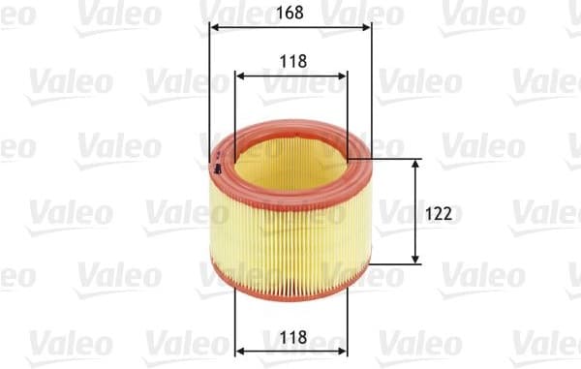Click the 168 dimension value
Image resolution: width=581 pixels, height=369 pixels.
[x=291, y=14]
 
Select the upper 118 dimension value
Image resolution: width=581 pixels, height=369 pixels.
[x=291, y=60]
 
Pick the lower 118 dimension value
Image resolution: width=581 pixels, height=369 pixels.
[x=291, y=337]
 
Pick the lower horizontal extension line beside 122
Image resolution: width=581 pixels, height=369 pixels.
[x=397, y=264]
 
